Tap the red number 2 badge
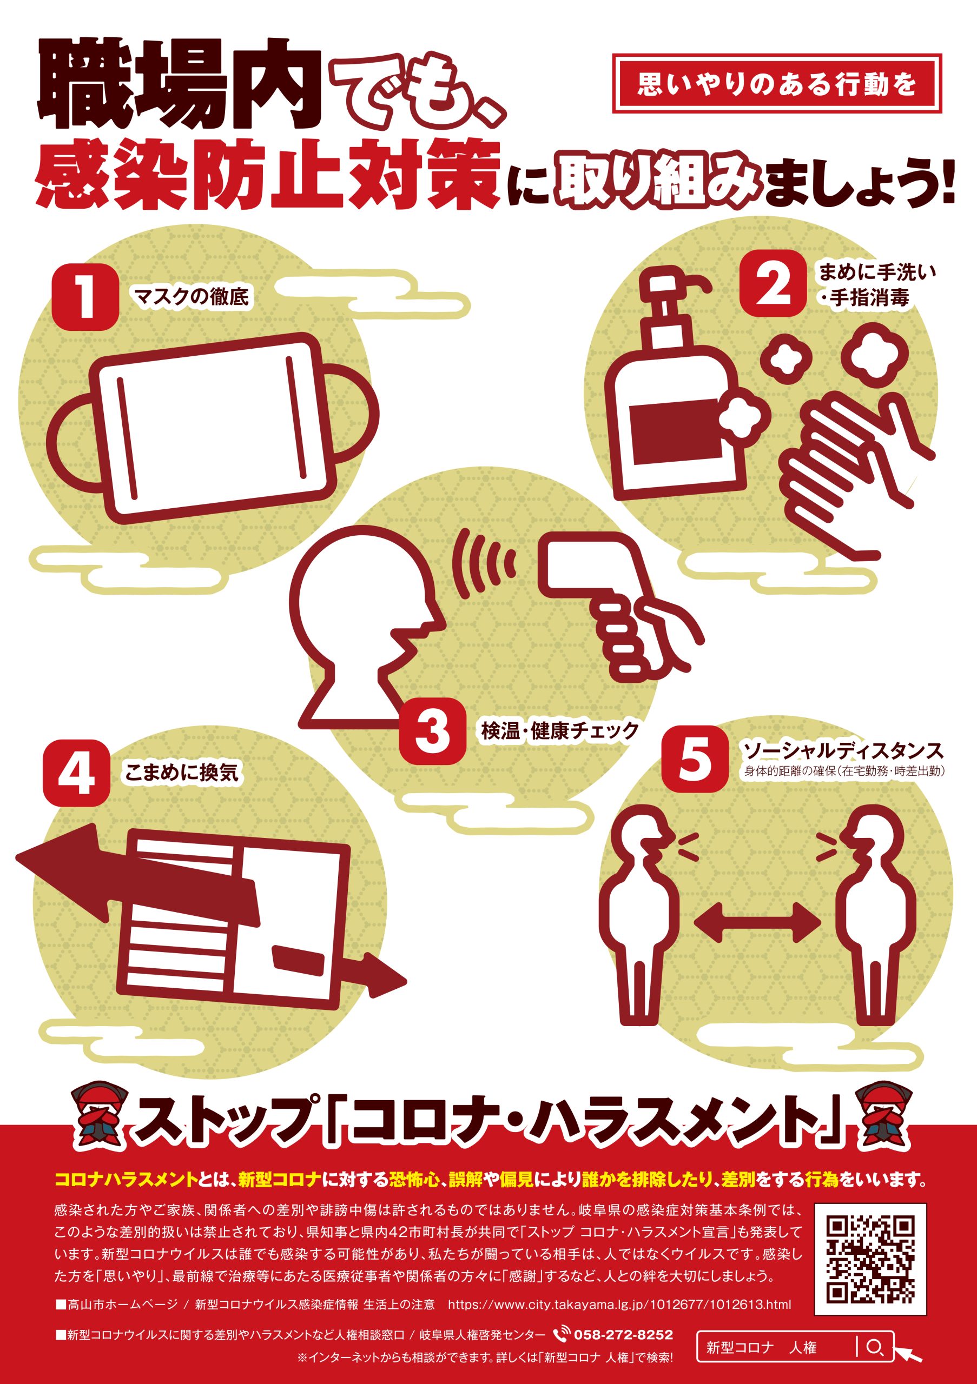773,283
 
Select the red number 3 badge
432,733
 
